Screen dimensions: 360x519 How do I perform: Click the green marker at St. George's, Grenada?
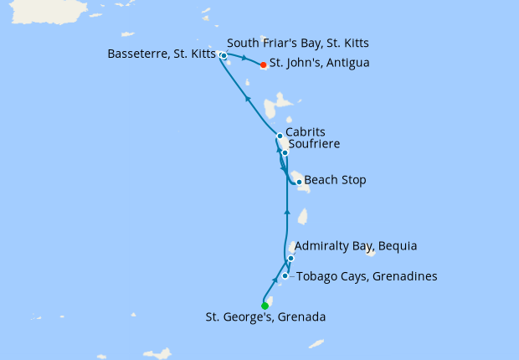pyautogui.click(x=265, y=306)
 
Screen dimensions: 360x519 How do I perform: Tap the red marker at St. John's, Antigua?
pyautogui.click(x=263, y=64)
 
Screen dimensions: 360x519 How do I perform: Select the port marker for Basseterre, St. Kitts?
pyautogui.click(x=224, y=56)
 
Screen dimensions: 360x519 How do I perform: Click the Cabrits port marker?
pyautogui.click(x=280, y=136)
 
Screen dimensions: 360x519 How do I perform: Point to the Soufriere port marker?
pyautogui.click(x=285, y=152)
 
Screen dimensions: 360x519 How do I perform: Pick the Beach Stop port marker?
pyautogui.click(x=299, y=182)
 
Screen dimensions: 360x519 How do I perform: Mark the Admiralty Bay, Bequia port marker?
pyautogui.click(x=290, y=258)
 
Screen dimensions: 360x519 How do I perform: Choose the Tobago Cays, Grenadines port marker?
pyautogui.click(x=285, y=275)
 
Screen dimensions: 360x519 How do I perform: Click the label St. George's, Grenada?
pyautogui.click(x=265, y=317)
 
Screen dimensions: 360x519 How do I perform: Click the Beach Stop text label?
pyautogui.click(x=335, y=180)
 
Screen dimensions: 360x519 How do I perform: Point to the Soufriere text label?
pyautogui.click(x=314, y=145)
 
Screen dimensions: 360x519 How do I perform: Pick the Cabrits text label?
pyautogui.click(x=305, y=132)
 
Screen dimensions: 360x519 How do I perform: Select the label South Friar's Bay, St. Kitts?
pyautogui.click(x=299, y=43)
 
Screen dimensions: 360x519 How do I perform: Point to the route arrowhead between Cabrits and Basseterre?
pyautogui.click(x=247, y=98)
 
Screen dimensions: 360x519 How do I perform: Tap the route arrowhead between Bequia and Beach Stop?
pyautogui.click(x=287, y=213)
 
